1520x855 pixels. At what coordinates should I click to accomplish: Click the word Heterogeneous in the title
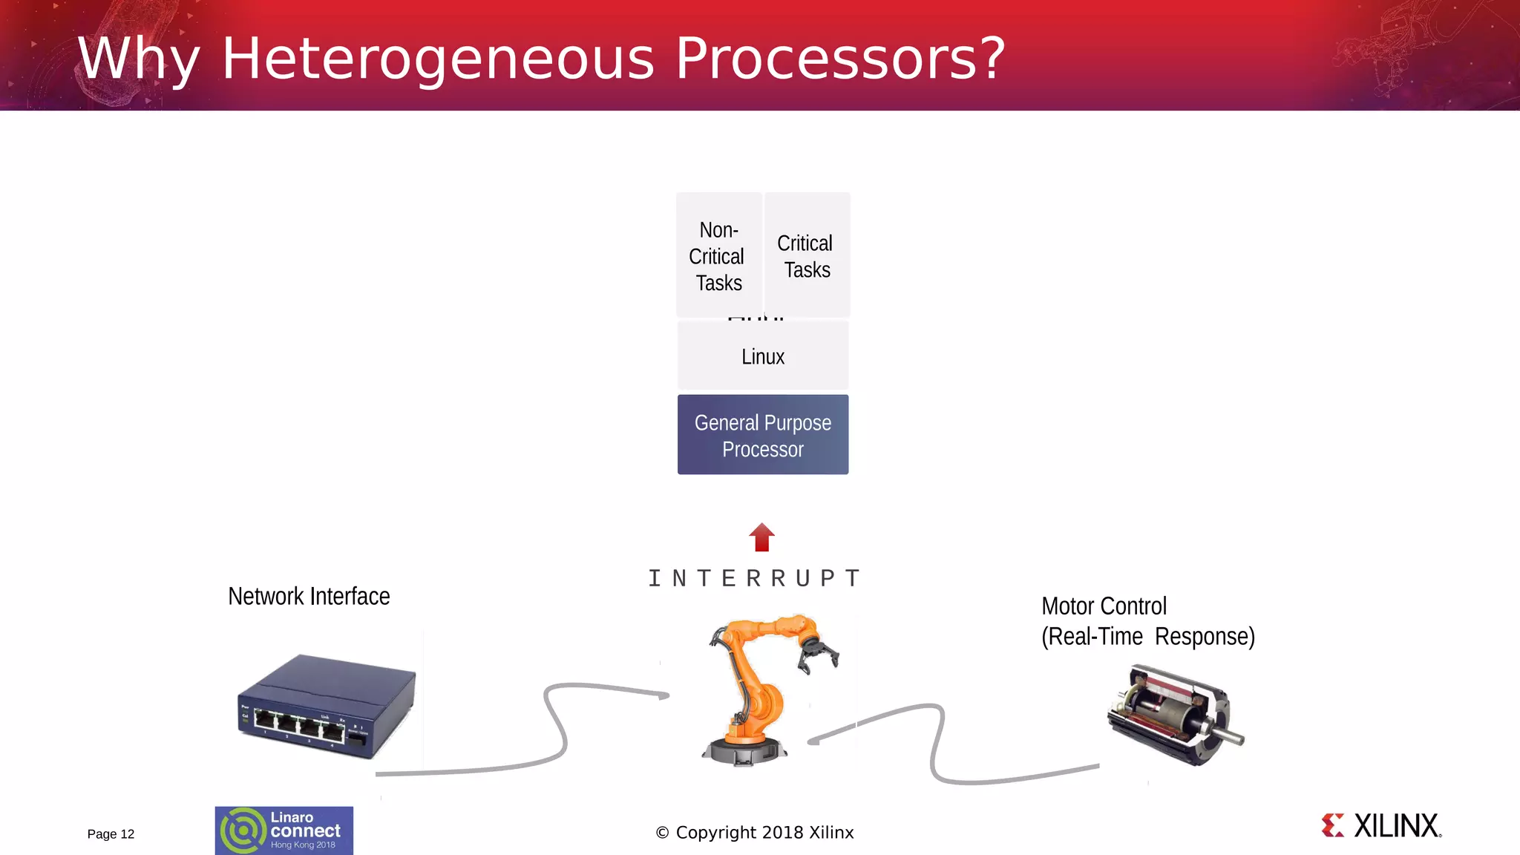[438, 59]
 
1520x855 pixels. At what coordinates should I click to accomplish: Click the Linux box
[762, 356]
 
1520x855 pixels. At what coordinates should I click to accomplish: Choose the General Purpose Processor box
[762, 435]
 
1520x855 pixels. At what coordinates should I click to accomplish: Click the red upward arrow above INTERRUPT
[761, 537]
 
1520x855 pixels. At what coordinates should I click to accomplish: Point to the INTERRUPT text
[754, 578]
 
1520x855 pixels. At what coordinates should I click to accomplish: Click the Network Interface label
[309, 596]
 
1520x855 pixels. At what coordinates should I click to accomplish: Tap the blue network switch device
[327, 705]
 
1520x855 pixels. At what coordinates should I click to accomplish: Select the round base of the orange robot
[744, 751]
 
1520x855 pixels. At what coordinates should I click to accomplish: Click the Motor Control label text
[1104, 606]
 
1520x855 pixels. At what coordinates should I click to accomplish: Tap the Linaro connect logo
[284, 831]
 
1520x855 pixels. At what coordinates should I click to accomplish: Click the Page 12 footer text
[111, 834]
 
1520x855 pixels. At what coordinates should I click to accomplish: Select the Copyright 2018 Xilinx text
[755, 833]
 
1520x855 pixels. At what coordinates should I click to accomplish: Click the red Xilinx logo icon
[1333, 825]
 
